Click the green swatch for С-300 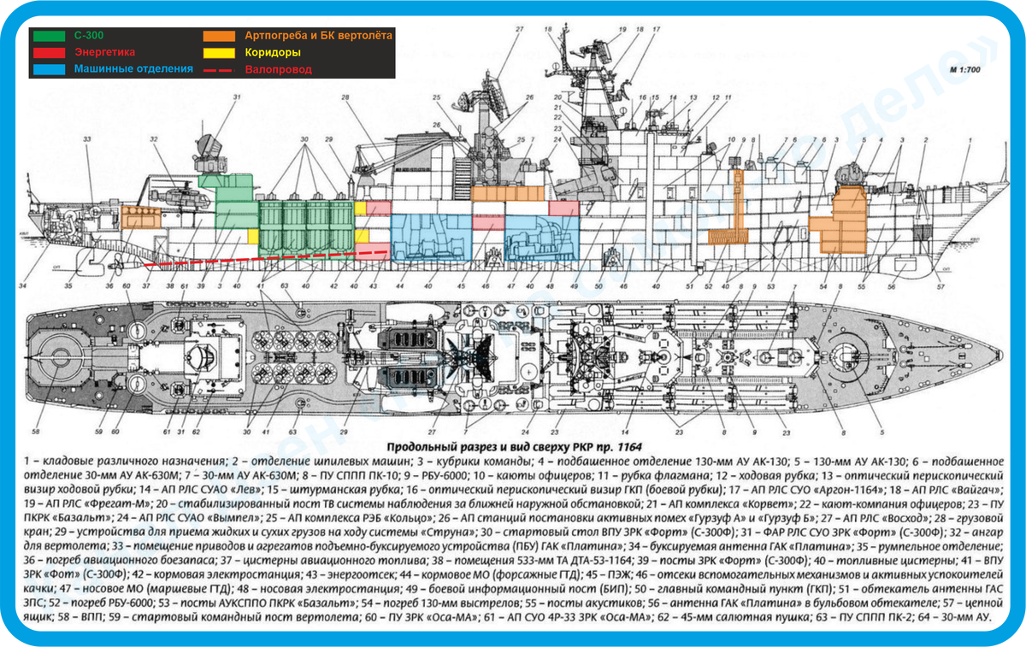point(49,36)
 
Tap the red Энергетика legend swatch point(49,52)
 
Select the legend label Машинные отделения point(133,68)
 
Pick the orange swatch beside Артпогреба point(221,36)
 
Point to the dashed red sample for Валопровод point(220,68)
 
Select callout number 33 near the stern point(86,139)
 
